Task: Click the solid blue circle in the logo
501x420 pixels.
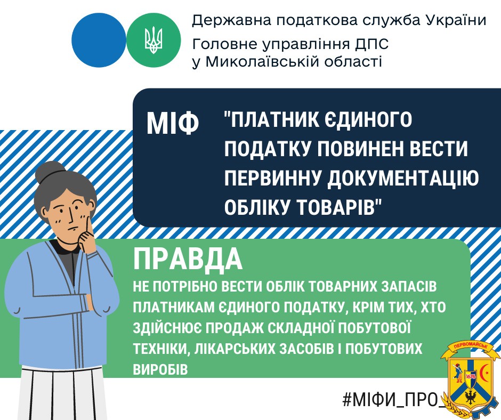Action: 99,41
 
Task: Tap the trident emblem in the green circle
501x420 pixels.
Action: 153,41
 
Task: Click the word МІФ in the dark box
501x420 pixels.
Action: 173,123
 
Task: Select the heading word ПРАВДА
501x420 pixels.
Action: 188,260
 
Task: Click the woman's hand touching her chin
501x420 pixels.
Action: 87,237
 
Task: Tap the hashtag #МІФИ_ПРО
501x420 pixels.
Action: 393,400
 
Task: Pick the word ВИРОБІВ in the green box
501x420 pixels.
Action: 160,369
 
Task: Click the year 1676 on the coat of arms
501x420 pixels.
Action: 471,376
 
